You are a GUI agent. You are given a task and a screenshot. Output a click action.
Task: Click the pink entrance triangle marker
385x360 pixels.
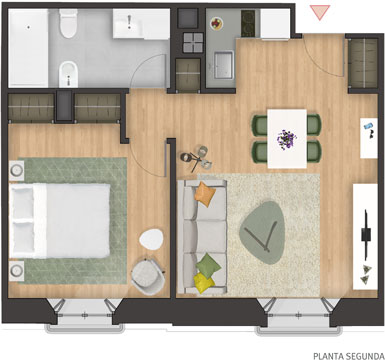pos(320,12)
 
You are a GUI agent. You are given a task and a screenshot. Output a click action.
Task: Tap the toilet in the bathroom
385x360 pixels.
pos(69,23)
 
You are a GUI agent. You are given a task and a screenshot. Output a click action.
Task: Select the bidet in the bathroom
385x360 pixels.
pos(68,74)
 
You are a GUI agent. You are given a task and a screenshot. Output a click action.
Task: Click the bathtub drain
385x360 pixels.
pos(28,28)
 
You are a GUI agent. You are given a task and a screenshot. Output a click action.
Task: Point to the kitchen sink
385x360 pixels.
pos(223,65)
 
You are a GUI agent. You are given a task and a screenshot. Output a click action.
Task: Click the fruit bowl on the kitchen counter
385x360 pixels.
pos(216,24)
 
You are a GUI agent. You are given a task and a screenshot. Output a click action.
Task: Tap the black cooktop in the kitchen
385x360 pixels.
pos(248,23)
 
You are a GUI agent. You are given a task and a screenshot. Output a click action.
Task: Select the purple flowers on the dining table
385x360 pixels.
pos(286,139)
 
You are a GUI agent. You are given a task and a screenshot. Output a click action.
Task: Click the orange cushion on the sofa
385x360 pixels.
pos(205,194)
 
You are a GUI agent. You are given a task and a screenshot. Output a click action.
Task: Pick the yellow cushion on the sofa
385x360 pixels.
pos(203,283)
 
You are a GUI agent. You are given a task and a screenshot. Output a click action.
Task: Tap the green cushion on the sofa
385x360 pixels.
pos(208,265)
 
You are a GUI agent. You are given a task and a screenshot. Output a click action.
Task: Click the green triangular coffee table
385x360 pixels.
pos(262,233)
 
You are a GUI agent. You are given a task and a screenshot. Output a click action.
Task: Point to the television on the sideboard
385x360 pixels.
pos(366,234)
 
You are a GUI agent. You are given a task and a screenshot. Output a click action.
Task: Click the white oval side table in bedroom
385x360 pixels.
pos(152,239)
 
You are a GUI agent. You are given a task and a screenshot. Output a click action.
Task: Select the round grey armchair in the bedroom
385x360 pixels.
pos(148,276)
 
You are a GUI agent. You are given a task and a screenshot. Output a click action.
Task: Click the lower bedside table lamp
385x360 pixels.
pos(17,271)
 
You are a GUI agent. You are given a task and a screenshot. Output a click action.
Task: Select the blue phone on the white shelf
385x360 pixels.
pos(368,126)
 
